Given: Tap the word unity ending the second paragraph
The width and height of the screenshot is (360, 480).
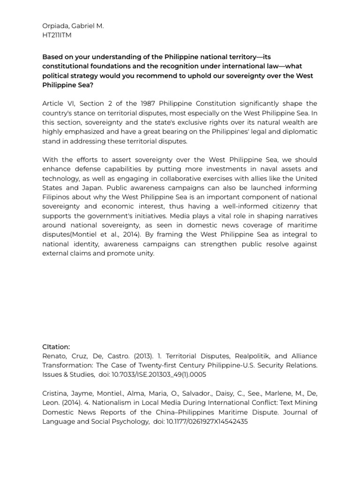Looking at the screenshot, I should pos(144,253).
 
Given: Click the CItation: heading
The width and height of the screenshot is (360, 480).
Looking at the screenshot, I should pos(56,347).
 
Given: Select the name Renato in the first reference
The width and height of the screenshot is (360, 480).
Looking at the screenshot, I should pos(55,356).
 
